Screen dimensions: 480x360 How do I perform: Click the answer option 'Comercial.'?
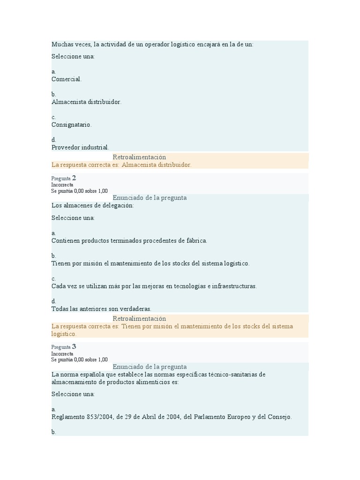(67, 79)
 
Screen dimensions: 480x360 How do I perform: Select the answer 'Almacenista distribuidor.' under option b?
(86, 102)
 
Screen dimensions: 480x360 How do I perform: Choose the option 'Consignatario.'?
(72, 125)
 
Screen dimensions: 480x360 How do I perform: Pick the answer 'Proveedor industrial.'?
(80, 147)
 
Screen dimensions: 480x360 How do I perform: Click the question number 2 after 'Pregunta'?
(74, 178)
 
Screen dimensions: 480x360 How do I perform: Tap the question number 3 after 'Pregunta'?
(74, 346)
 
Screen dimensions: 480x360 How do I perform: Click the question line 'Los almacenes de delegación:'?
(92, 205)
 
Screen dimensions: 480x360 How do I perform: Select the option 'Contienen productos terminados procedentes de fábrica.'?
(129, 240)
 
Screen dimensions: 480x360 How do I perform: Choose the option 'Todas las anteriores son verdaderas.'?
(101, 309)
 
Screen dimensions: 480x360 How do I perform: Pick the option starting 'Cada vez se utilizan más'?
(154, 286)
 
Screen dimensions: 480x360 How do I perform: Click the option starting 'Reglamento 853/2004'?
(171, 417)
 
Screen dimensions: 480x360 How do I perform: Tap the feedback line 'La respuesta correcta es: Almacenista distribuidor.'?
(121, 165)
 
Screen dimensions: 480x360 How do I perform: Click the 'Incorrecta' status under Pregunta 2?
(62, 185)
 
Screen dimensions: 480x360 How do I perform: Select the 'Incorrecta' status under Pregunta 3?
(62, 353)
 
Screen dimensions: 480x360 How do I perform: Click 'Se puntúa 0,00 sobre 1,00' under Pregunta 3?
(79, 360)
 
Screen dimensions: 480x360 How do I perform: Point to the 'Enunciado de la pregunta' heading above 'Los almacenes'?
(150, 198)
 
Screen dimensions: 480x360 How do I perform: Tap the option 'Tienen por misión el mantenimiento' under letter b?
(150, 263)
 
